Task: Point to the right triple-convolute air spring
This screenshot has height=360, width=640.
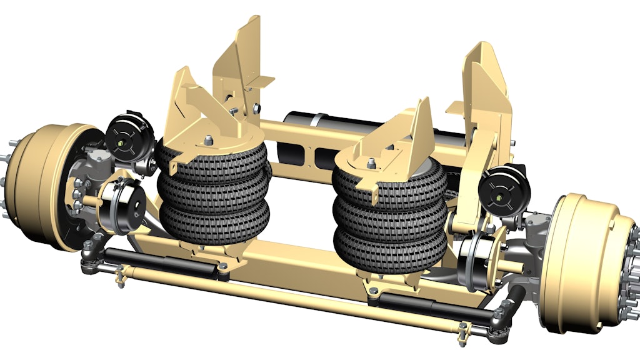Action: [391, 216]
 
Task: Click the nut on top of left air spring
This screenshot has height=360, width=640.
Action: [207, 139]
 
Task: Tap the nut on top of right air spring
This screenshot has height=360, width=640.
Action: [371, 164]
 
